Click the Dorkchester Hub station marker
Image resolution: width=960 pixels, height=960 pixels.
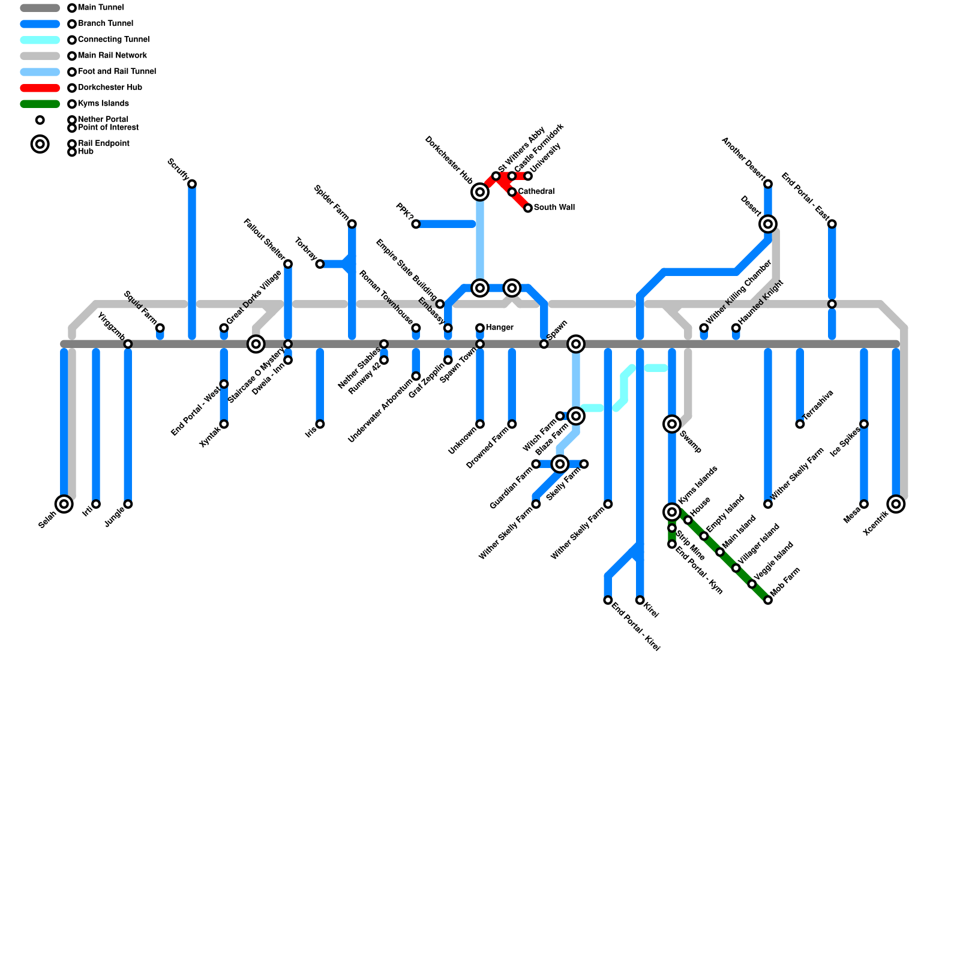[479, 192]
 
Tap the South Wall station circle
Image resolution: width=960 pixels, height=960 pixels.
[528, 208]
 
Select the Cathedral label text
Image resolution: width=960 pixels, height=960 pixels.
[536, 191]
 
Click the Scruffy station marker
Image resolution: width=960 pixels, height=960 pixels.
[192, 184]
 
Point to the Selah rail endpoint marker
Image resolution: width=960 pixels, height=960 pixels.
[64, 504]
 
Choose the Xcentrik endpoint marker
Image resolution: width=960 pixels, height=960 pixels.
[896, 504]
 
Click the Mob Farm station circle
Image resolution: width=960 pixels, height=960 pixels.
[768, 600]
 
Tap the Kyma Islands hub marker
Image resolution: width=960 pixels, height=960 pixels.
[672, 512]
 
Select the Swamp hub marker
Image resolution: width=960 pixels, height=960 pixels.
[672, 424]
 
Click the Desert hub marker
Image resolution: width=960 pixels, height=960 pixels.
[768, 224]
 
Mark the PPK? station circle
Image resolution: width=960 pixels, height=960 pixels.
[416, 224]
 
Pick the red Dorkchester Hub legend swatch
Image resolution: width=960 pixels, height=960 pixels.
[40, 88]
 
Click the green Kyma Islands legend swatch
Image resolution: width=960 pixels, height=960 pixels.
[40, 104]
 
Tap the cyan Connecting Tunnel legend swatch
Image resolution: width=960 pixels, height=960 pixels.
[40, 40]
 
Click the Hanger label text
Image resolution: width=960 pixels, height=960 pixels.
[499, 328]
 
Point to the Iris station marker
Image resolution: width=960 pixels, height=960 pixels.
[320, 424]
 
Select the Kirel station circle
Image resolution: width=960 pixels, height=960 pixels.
[640, 600]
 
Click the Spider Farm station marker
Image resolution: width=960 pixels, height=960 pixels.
[352, 224]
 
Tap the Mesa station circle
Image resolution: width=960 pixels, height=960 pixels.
[864, 504]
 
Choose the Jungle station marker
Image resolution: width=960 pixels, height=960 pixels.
[128, 504]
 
